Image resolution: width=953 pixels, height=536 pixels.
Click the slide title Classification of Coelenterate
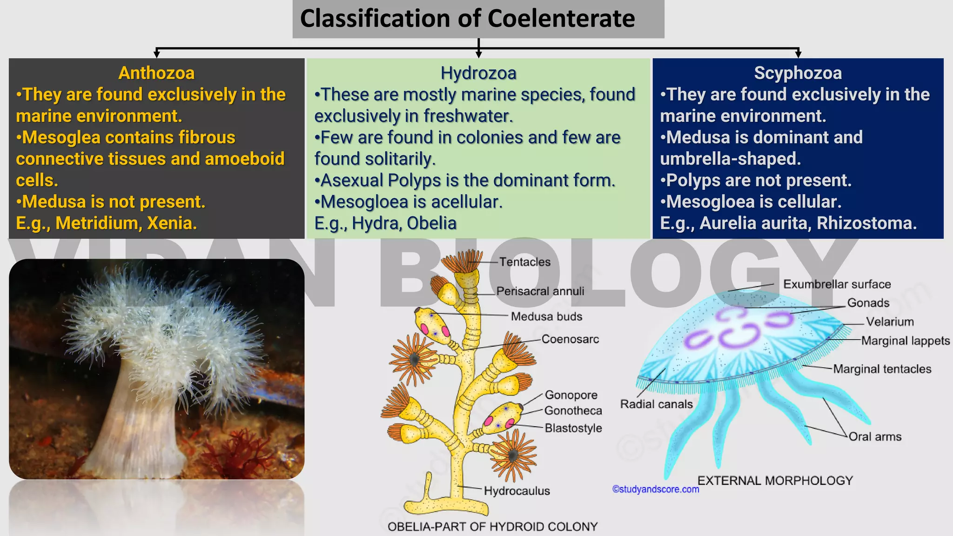[467, 19]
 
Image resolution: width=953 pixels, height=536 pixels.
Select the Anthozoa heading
[156, 73]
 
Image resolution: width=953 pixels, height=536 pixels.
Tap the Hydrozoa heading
[478, 73]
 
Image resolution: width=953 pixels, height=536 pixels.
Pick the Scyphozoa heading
[798, 73]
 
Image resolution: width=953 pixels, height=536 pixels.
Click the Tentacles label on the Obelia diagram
[524, 262]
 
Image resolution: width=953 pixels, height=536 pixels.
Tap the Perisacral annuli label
[540, 291]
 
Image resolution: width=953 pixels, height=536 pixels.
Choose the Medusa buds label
[546, 317]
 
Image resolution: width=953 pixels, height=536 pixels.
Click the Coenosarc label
[570, 339]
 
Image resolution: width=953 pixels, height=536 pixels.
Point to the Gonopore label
[571, 395]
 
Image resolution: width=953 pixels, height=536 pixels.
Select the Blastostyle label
[573, 428]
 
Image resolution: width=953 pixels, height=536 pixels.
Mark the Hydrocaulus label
[517, 491]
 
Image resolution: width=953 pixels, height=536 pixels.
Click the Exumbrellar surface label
[837, 284]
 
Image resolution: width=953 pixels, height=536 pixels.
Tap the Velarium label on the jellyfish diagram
[890, 322]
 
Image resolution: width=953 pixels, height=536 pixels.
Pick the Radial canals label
[656, 404]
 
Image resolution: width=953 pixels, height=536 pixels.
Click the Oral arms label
[875, 437]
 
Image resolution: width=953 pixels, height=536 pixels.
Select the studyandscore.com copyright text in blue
[655, 489]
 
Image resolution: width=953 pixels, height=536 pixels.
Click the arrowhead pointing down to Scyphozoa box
[798, 54]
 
